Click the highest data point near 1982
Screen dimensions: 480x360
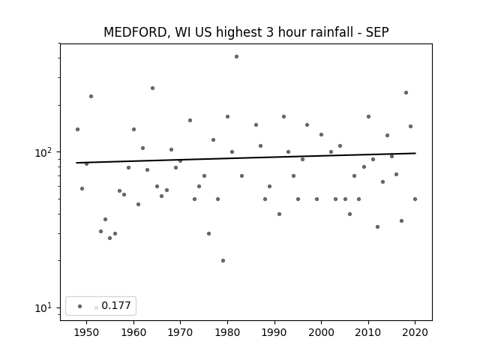pyautogui.click(x=237, y=57)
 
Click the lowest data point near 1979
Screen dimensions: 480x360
pyautogui.click(x=223, y=260)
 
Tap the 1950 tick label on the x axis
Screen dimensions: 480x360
pyautogui.click(x=87, y=332)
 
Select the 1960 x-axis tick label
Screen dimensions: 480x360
pyautogui.click(x=133, y=332)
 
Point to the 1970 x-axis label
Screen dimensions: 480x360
pyautogui.click(x=181, y=332)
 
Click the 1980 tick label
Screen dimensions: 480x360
pyautogui.click(x=227, y=332)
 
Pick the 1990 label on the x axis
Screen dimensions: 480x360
pyautogui.click(x=274, y=332)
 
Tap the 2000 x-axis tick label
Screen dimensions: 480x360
pyautogui.click(x=322, y=332)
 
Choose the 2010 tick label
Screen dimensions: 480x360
pyautogui.click(x=368, y=332)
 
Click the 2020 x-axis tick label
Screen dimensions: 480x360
pyautogui.click(x=415, y=332)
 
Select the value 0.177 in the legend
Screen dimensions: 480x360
pyautogui.click(x=116, y=305)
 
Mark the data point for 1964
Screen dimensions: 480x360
pyautogui.click(x=152, y=88)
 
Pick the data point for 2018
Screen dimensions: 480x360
pyautogui.click(x=406, y=93)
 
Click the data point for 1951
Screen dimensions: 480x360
pyautogui.click(x=91, y=97)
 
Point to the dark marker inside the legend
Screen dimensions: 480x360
pyautogui.click(x=80, y=306)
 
